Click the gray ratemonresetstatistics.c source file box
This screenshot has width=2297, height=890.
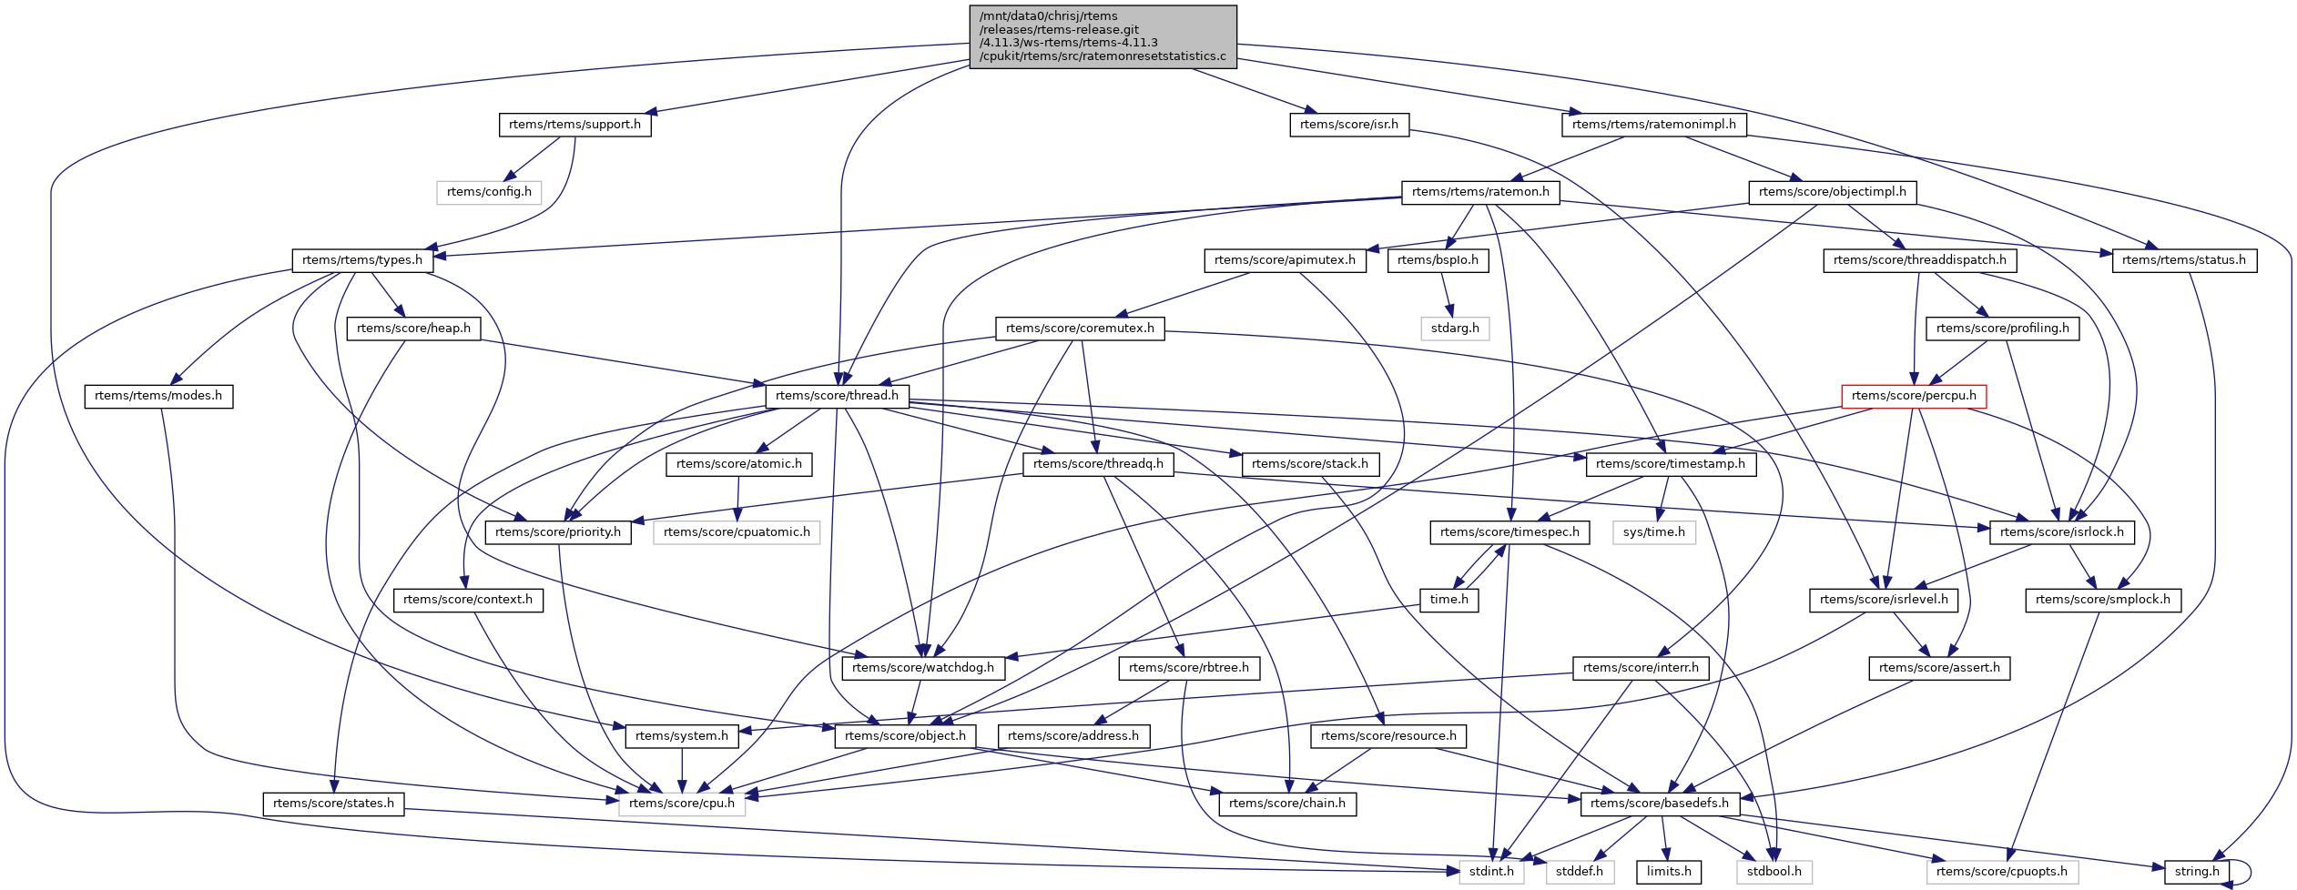pyautogui.click(x=1103, y=36)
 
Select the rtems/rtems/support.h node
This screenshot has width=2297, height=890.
pyautogui.click(x=574, y=125)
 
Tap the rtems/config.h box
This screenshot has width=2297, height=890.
pyautogui.click(x=489, y=192)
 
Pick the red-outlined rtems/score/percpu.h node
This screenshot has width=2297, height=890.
pyautogui.click(x=1914, y=396)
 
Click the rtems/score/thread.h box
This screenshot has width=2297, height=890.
pyautogui.click(x=837, y=396)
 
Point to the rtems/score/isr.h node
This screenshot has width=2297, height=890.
pyautogui.click(x=1348, y=125)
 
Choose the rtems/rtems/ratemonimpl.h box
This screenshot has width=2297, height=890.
pyautogui.click(x=1653, y=125)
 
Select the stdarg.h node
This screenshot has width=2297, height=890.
pyautogui.click(x=1455, y=329)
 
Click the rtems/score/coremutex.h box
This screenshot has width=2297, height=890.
pyautogui.click(x=1080, y=329)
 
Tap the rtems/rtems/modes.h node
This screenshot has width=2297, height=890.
pyautogui.click(x=158, y=396)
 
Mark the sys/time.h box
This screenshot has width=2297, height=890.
pyautogui.click(x=1653, y=532)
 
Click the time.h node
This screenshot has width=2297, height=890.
pyautogui.click(x=1448, y=600)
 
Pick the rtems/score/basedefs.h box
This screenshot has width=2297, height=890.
pyautogui.click(x=1660, y=804)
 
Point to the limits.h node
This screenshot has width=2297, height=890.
pyautogui.click(x=1669, y=872)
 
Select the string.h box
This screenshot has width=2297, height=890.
pyautogui.click(x=2197, y=872)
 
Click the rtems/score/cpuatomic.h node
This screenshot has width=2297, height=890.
pyautogui.click(x=737, y=532)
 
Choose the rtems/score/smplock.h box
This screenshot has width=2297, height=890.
pyautogui.click(x=2102, y=600)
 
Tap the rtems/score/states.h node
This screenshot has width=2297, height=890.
pyautogui.click(x=333, y=804)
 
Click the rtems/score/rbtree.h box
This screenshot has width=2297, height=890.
pyautogui.click(x=1189, y=668)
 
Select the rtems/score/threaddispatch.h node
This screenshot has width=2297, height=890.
pyautogui.click(x=1919, y=260)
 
